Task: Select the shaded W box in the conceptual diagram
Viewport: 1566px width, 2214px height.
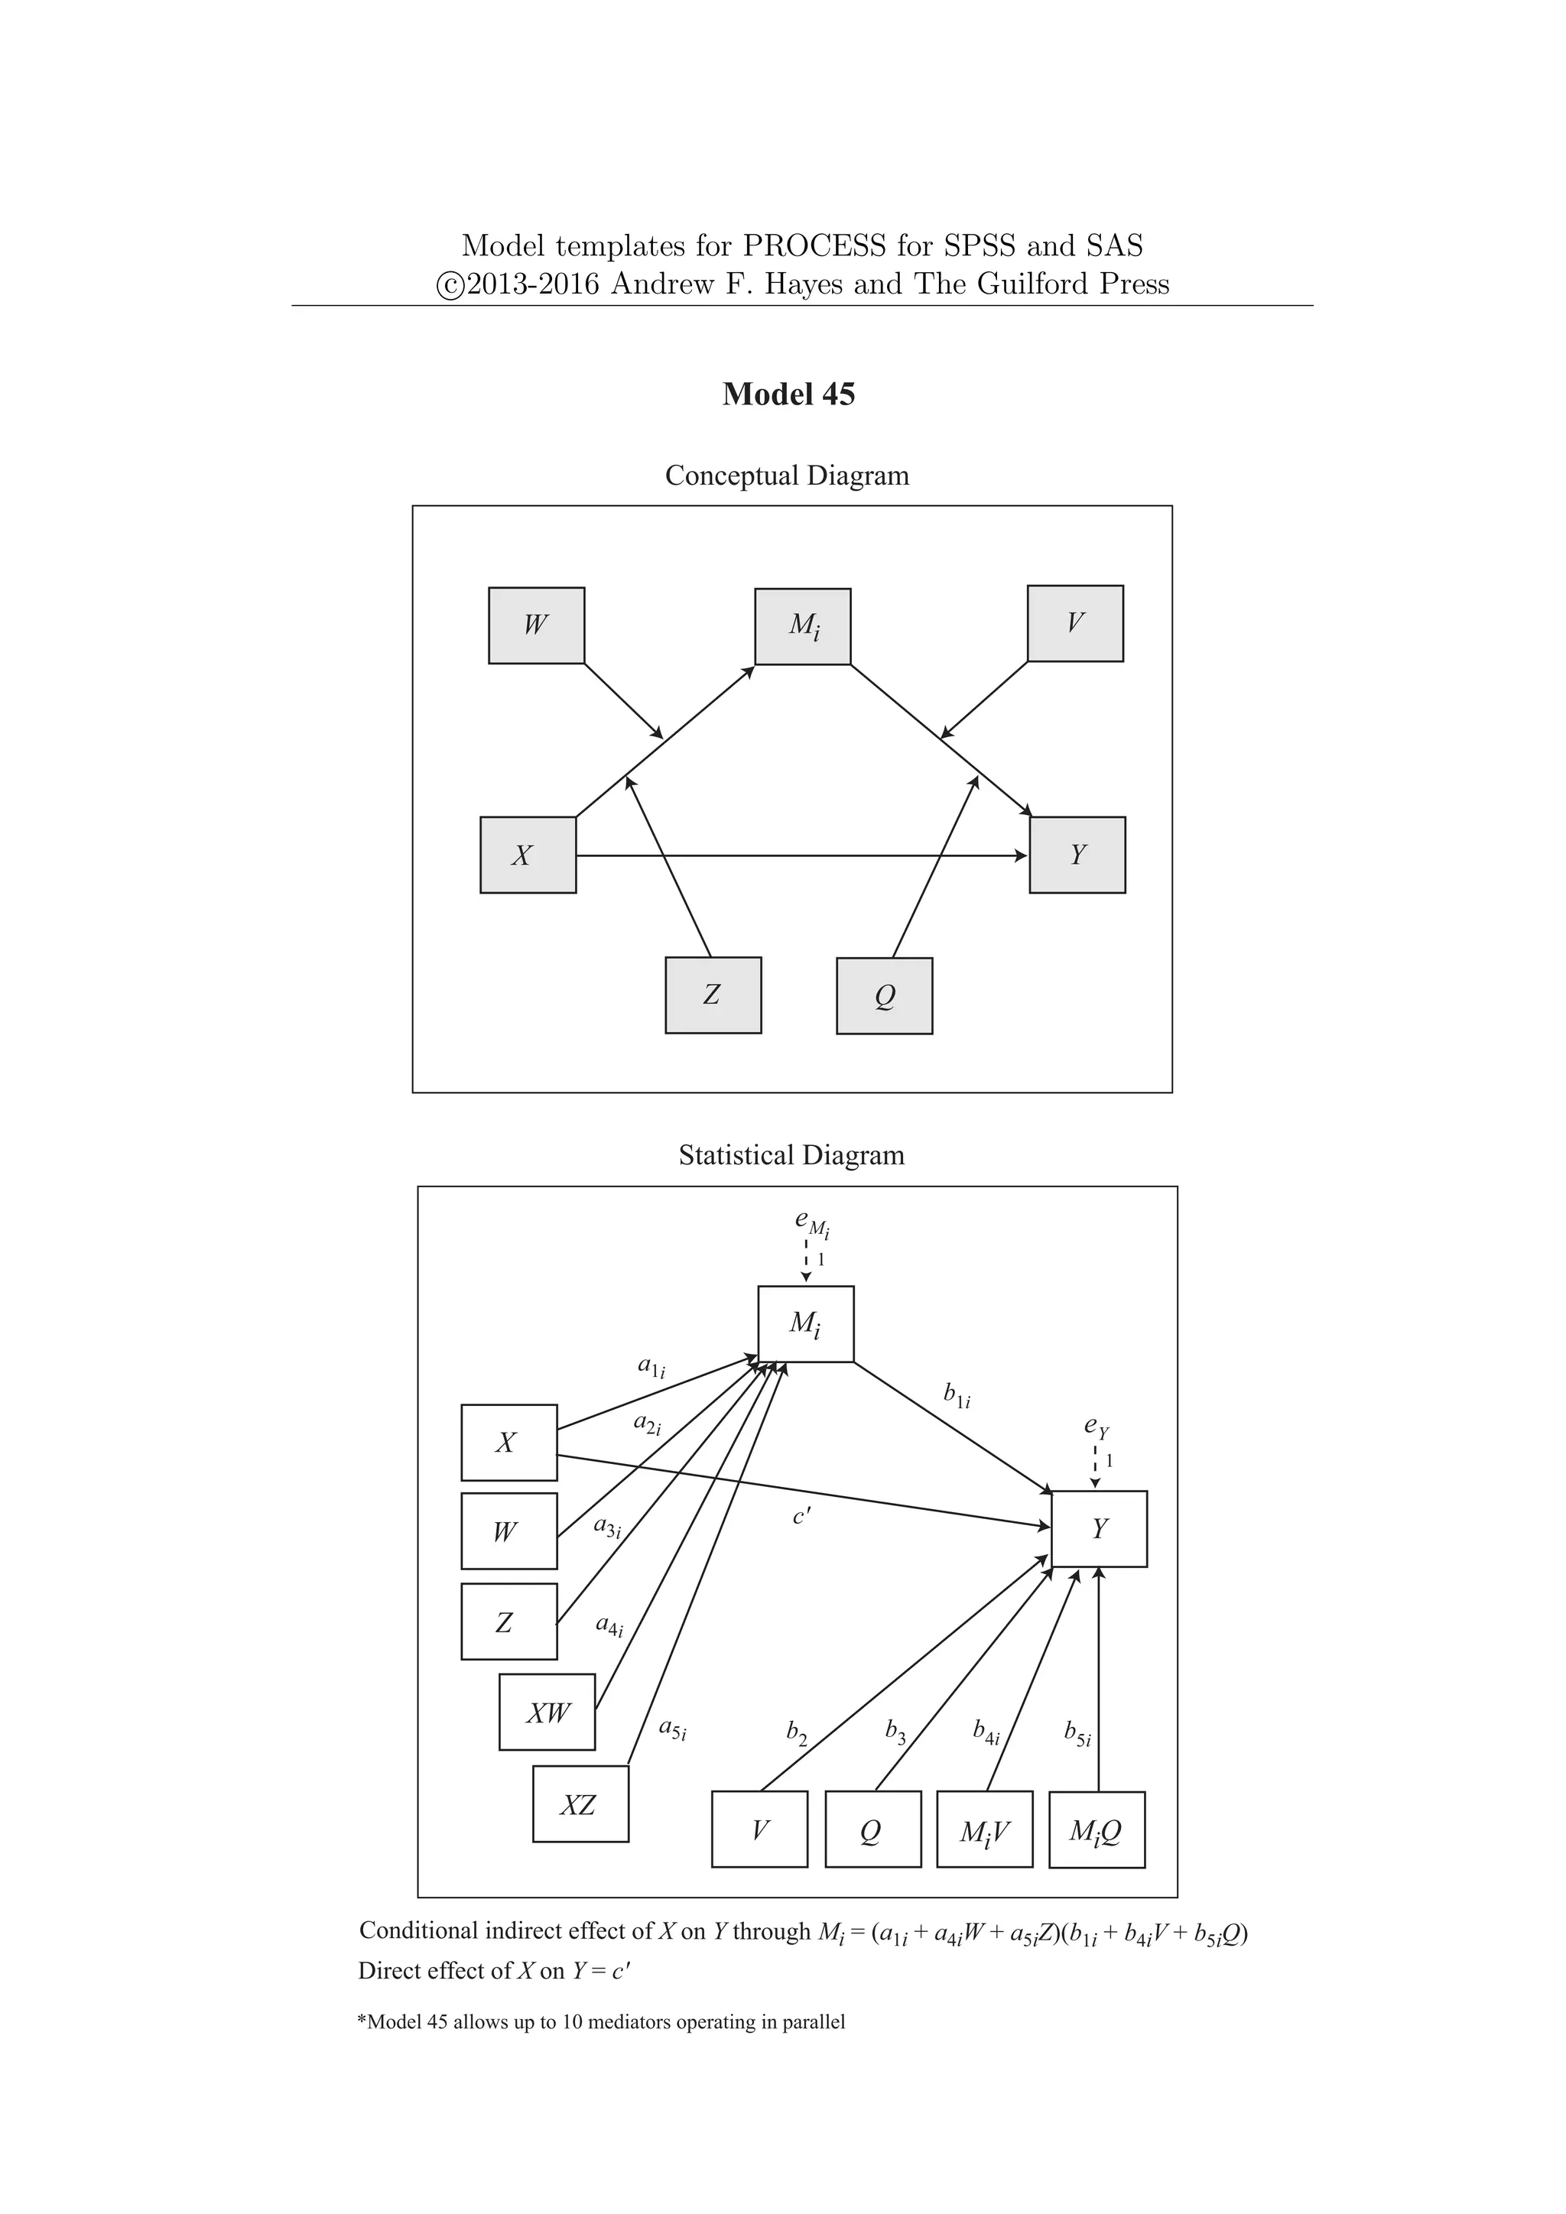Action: coord(536,626)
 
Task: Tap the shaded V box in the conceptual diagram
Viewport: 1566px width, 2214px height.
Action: coord(1075,624)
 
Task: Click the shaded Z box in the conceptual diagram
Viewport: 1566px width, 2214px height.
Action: coord(713,995)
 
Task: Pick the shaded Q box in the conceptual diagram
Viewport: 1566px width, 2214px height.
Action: coord(884,996)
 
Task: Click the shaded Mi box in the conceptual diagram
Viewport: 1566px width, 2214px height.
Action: coord(802,627)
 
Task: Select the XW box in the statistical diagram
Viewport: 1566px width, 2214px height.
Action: coord(547,1712)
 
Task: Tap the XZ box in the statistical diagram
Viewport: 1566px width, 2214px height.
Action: coord(580,1804)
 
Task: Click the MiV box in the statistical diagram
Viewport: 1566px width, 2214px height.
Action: coord(985,1830)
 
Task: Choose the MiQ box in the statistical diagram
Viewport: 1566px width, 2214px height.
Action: coord(1097,1830)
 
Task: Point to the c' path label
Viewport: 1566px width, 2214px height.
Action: coord(801,1517)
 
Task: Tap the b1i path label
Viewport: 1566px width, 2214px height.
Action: coord(957,1395)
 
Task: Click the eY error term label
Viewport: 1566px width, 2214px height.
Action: coord(1097,1425)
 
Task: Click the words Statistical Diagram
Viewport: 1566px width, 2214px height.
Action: coord(791,1155)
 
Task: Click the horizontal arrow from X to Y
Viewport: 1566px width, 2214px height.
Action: coord(801,855)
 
